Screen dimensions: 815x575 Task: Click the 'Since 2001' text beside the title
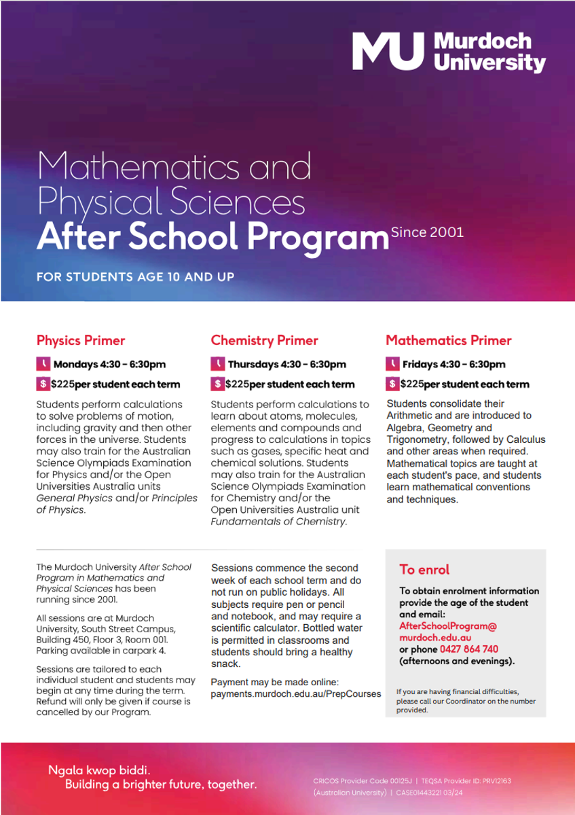point(427,232)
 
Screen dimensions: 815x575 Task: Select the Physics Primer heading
point(81,340)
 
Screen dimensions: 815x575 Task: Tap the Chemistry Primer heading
point(264,340)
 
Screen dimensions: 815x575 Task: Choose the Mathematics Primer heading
point(449,340)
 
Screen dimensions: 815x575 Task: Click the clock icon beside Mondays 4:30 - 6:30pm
point(43,364)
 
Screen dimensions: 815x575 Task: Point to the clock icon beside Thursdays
point(217,364)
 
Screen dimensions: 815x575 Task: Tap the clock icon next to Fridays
point(392,364)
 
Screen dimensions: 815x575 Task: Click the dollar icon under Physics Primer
point(43,384)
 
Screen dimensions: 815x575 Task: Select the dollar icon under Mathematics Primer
point(392,384)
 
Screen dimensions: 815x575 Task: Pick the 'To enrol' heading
point(424,569)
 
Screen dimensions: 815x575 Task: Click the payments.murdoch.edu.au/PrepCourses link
point(296,693)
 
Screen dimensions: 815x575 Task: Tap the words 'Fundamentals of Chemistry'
point(278,522)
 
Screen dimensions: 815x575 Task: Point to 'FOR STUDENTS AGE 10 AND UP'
point(135,277)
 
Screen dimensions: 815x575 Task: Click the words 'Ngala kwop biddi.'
point(99,770)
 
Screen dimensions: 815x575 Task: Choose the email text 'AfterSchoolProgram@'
point(448,626)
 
